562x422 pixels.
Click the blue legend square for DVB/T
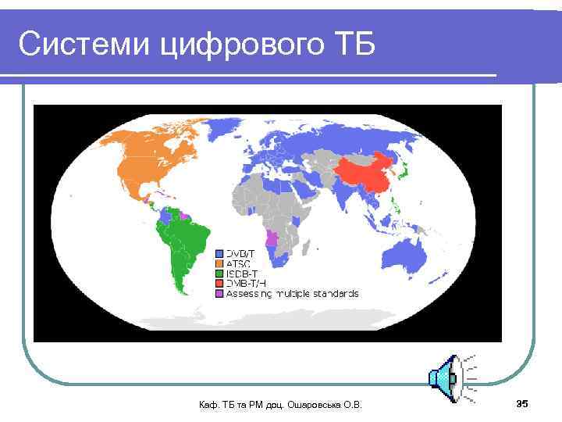(x=219, y=253)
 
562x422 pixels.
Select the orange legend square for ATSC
(x=219, y=263)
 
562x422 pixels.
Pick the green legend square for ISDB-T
(x=219, y=274)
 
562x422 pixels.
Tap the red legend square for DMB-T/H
(x=219, y=284)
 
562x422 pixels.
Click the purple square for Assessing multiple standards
(x=219, y=294)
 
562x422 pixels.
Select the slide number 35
(x=522, y=403)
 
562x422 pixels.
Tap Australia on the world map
(x=410, y=254)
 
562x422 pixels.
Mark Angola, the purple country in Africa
(x=272, y=238)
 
